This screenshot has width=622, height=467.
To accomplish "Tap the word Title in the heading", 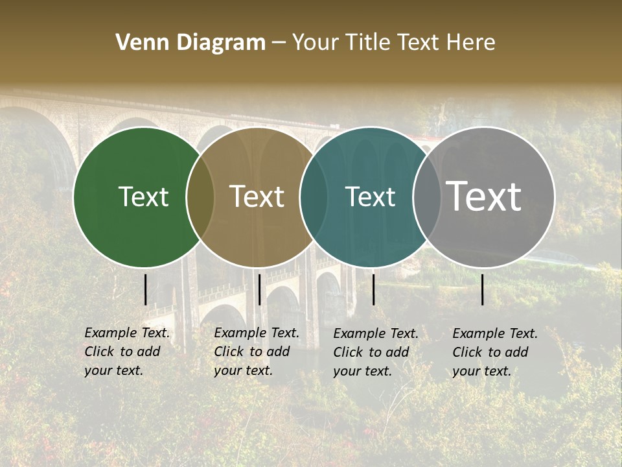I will (x=367, y=43).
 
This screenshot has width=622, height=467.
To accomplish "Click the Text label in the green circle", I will (x=143, y=197).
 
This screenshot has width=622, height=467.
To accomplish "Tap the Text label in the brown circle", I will (x=257, y=197).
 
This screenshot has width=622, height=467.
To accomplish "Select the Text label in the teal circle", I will (x=370, y=197).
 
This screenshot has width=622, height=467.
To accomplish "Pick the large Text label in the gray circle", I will (x=484, y=197).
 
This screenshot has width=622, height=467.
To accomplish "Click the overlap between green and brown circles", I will (x=200, y=197).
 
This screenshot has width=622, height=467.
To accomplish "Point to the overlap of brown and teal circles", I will (x=314, y=197).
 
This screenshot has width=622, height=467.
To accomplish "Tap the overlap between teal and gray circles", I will (x=426, y=197).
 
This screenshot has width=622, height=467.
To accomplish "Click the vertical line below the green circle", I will (x=146, y=289).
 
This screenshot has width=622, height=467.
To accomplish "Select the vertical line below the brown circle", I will (x=259, y=289).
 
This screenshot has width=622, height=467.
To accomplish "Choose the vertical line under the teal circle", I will (x=374, y=289).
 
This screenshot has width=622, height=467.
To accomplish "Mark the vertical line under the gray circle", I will (x=483, y=289).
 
